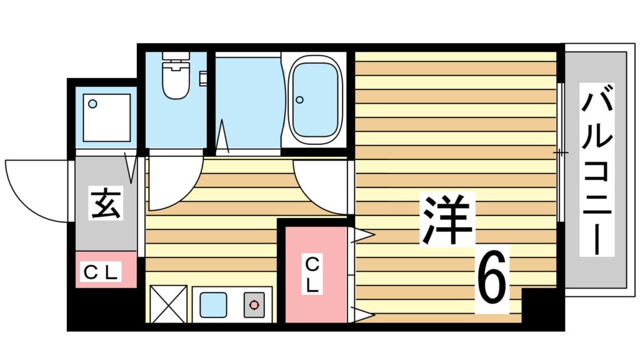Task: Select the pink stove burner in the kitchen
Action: pos(254,305)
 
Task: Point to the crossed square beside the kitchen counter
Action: pos(168,304)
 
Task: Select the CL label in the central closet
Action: pos(314,275)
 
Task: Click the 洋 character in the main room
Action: pos(447,219)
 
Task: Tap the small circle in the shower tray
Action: pos(92,104)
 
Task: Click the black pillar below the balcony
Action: pos(541,306)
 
